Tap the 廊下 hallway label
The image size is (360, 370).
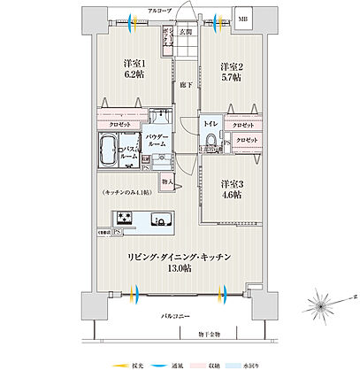(183, 85)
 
